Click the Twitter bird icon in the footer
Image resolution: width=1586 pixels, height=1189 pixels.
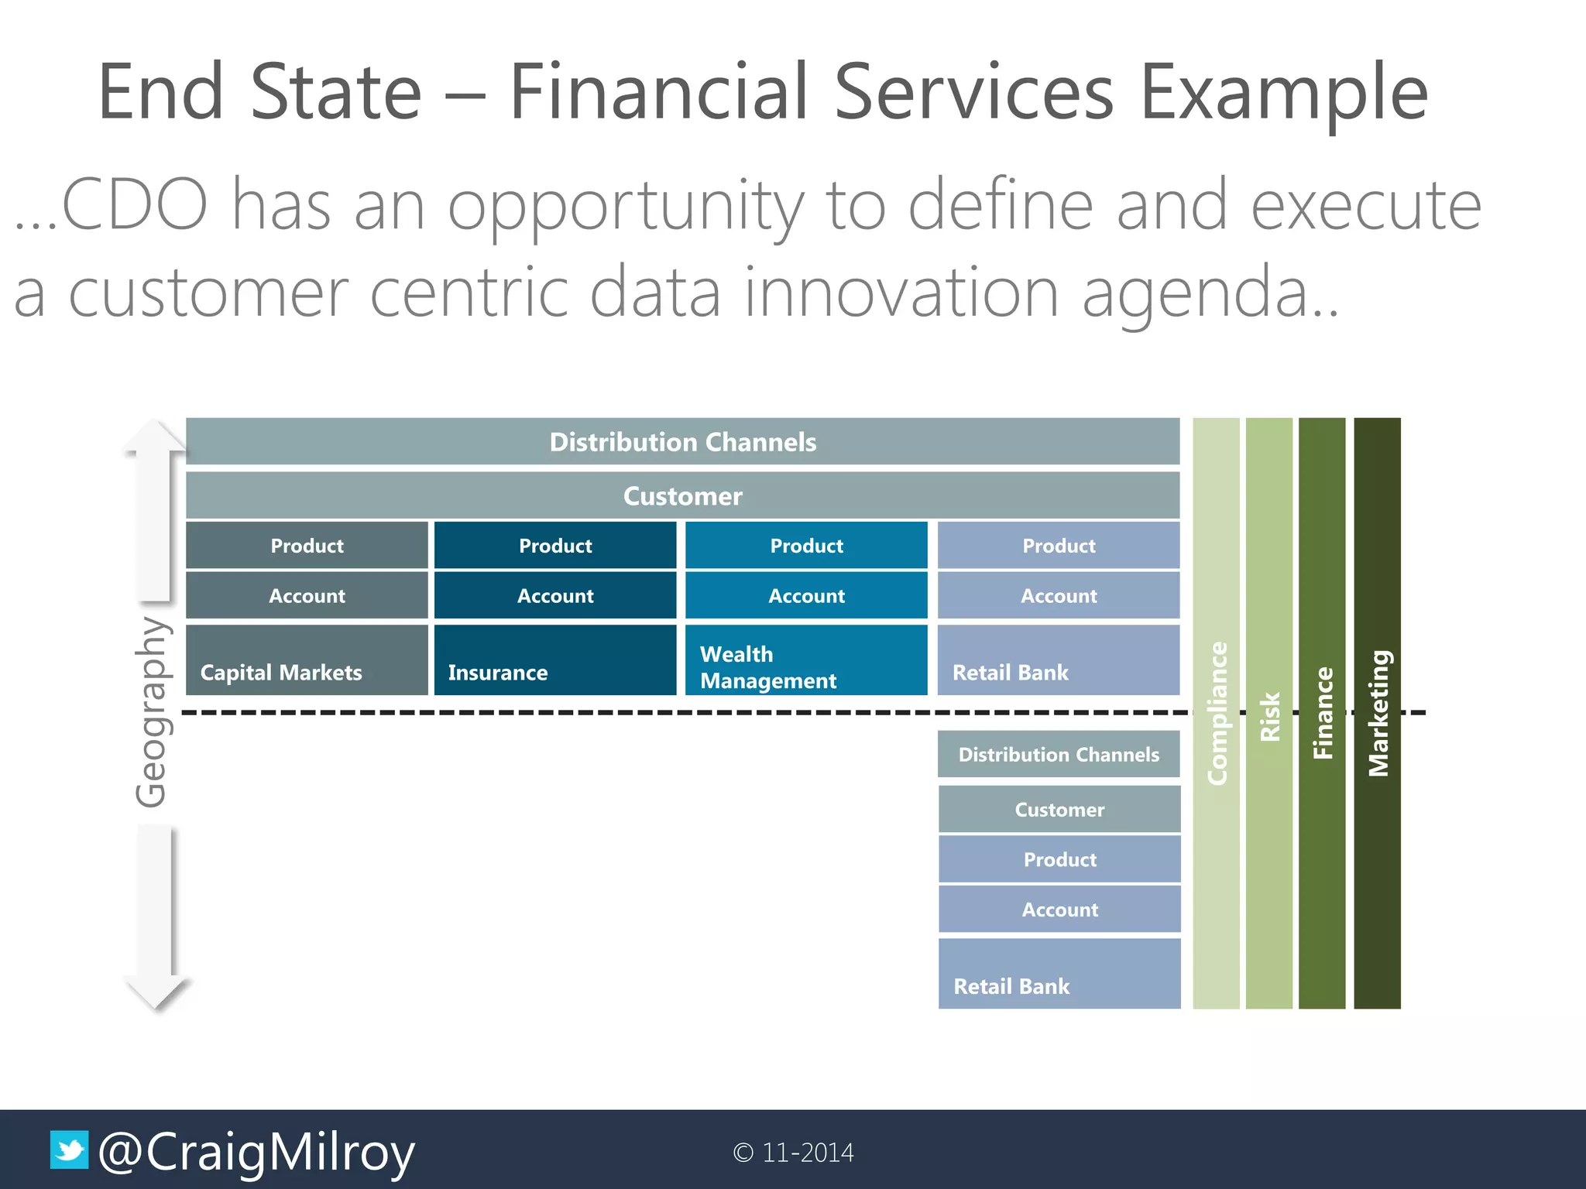(x=69, y=1150)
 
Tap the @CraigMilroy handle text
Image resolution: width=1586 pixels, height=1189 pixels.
(x=256, y=1153)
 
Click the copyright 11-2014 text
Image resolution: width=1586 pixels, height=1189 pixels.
(x=793, y=1153)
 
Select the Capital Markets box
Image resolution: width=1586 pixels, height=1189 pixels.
(x=307, y=660)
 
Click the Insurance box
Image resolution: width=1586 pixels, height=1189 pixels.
(x=554, y=660)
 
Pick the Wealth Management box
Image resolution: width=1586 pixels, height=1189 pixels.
(x=805, y=660)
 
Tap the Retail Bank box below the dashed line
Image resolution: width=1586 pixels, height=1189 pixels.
(x=1059, y=974)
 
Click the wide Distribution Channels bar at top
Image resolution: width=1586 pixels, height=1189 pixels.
(x=682, y=442)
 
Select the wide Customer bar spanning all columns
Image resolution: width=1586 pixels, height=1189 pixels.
(x=682, y=495)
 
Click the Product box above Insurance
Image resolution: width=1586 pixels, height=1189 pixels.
(x=554, y=546)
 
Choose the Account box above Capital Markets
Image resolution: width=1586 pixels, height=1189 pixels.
(x=307, y=595)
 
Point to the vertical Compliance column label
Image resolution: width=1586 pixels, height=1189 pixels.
(x=1217, y=713)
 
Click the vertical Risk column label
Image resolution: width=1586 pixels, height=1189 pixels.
(x=1269, y=716)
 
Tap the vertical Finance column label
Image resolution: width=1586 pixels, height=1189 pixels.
(x=1322, y=713)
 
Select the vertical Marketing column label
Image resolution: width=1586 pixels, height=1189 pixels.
(x=1378, y=713)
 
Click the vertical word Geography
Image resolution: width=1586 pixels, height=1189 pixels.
(x=151, y=711)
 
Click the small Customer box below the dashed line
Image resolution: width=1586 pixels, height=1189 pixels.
(x=1059, y=810)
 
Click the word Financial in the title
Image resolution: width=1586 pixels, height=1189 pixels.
(x=659, y=92)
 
